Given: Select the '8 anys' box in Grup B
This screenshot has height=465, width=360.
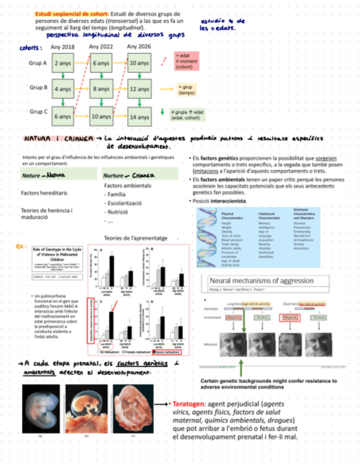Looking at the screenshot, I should pos(102,88).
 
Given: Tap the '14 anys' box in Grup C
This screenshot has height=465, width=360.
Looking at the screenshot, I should pos(139,116).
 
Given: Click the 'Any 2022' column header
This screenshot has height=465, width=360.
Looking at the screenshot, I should pos(101,47).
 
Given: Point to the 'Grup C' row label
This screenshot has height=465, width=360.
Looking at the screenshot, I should pos(38,112).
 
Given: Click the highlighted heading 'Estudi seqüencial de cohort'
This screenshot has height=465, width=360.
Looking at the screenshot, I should pos(71,13).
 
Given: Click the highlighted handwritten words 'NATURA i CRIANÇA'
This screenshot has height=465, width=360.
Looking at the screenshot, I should pos(58,139).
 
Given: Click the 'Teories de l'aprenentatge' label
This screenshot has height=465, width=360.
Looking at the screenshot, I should pos(136,238).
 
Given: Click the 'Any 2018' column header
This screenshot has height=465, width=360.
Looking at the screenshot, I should pos(63,47).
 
